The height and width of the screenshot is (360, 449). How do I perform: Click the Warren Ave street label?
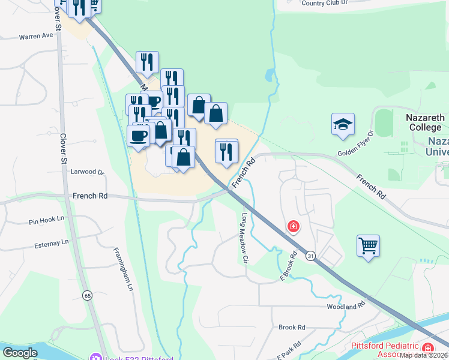pos(36,36)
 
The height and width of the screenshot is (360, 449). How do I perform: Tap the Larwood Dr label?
pos(88,172)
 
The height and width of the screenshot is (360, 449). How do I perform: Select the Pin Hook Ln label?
pos(46,221)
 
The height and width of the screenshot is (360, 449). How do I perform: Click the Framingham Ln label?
pos(122,270)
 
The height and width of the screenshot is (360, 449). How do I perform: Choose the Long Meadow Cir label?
pos(245,239)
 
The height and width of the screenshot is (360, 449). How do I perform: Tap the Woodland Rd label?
pos(346,305)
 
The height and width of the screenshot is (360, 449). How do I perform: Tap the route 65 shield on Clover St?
pos(88,295)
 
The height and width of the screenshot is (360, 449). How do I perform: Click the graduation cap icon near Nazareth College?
pos(343,124)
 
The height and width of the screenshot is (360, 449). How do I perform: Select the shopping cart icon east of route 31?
pos(368,245)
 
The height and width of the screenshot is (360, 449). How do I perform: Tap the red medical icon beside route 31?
pos(293,226)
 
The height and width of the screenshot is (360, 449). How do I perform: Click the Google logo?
pos(20,352)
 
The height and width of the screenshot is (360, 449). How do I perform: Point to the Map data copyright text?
pos(424,355)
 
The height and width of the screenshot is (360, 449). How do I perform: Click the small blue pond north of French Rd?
pos(270,76)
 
